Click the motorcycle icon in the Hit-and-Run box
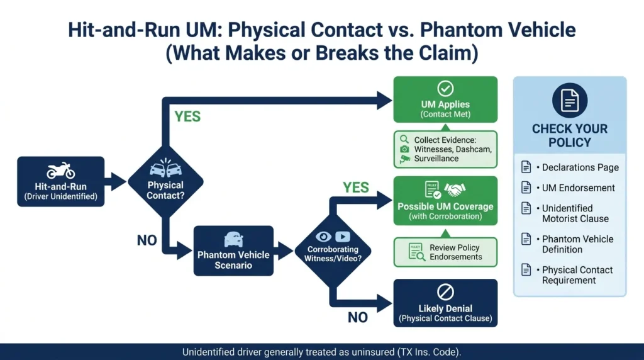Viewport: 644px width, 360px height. (60, 170)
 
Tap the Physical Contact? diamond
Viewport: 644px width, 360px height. (165, 182)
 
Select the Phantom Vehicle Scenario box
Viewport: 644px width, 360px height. (233, 250)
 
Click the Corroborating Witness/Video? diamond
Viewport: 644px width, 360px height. (333, 250)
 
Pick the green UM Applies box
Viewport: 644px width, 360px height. (445, 99)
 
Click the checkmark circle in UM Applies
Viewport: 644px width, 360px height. (445, 88)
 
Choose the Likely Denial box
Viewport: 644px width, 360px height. (445, 303)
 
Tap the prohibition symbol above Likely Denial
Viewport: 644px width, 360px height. (445, 292)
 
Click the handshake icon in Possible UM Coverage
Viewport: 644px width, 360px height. (455, 189)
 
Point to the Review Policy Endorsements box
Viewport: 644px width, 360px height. (445, 252)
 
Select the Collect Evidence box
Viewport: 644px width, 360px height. (445, 149)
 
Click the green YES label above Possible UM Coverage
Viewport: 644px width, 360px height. (356, 188)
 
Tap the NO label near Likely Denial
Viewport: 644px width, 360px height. (357, 317)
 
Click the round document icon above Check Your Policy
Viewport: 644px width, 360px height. (570, 100)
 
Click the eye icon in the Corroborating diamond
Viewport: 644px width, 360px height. (323, 237)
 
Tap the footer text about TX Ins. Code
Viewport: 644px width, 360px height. (321, 352)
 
